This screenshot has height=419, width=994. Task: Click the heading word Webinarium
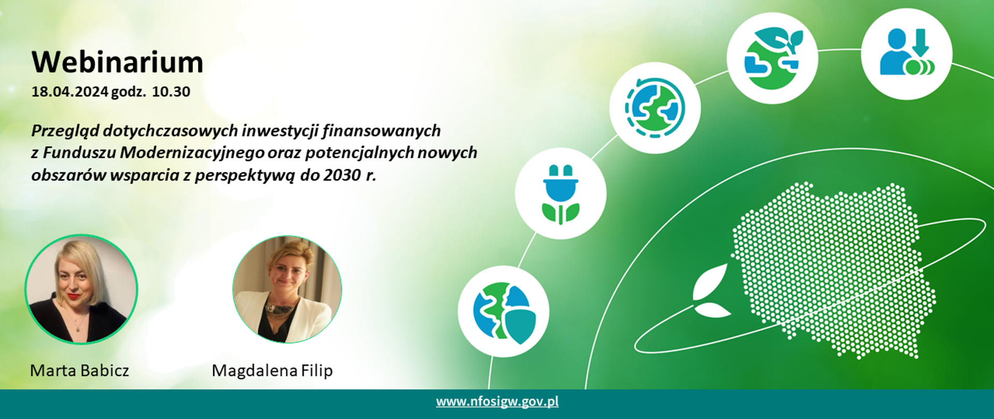click(x=118, y=63)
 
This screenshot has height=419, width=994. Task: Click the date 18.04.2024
click(x=70, y=92)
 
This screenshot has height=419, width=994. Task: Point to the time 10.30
click(x=171, y=92)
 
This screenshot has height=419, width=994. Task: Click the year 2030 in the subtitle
click(x=342, y=175)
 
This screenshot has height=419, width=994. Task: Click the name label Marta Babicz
click(x=80, y=370)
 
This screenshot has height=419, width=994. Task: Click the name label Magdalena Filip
click(x=272, y=370)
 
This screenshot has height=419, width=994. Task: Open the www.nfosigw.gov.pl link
click(x=497, y=402)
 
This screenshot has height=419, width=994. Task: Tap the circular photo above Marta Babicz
click(x=81, y=289)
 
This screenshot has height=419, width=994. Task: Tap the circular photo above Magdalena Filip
click(x=287, y=289)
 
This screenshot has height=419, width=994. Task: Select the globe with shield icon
click(x=503, y=311)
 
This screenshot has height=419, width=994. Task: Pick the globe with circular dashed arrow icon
click(x=655, y=108)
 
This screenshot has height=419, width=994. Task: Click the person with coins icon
click(x=907, y=53)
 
